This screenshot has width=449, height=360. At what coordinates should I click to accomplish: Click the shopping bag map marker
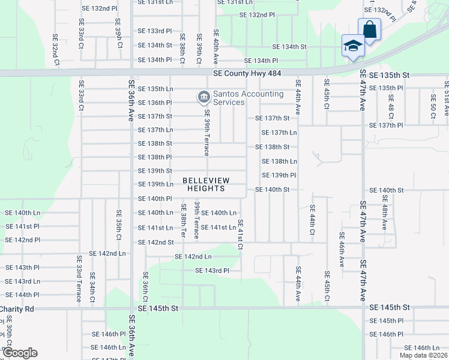[x=369, y=29]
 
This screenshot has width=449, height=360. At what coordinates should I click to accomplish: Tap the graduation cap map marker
[x=353, y=46]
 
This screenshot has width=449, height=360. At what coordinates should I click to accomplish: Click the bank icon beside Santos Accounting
[x=203, y=96]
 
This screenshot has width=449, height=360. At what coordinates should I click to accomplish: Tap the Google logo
[x=20, y=353]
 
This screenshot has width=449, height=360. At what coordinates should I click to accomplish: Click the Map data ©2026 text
[x=423, y=355]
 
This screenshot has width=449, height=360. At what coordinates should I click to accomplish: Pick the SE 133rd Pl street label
[x=155, y=31]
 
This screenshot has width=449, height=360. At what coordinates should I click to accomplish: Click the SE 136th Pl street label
[x=155, y=103]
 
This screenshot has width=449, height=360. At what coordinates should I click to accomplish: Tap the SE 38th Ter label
[x=184, y=220]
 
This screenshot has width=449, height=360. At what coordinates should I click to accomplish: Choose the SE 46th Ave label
[x=340, y=250]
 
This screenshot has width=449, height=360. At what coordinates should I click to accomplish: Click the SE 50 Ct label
[x=433, y=106]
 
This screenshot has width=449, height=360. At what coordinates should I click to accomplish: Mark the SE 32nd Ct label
[x=56, y=49]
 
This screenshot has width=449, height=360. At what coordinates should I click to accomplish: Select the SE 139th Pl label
[x=279, y=175]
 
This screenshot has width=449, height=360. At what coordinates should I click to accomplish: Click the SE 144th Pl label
[x=23, y=295]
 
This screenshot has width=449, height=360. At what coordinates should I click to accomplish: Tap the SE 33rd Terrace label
[x=79, y=271]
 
